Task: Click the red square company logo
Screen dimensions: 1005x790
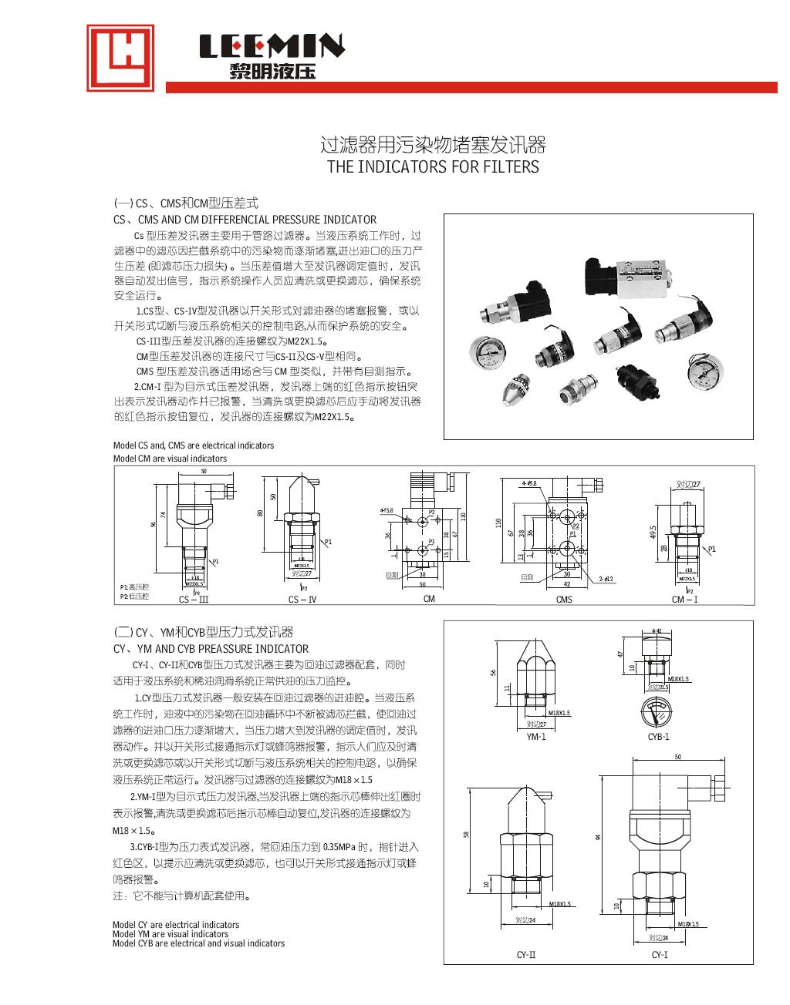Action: coord(120,58)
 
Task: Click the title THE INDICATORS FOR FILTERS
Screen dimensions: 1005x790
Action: coord(433,166)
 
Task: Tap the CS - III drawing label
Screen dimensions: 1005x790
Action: coord(194,599)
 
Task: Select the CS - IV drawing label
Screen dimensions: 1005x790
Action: coord(302,599)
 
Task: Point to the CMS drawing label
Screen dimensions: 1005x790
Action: coord(564,599)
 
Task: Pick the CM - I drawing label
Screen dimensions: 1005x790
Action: coord(684,599)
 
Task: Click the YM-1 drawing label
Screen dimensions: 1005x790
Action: coord(535,736)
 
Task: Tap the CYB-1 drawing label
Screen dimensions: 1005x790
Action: coord(658,736)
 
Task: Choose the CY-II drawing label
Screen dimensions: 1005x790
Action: coord(526,955)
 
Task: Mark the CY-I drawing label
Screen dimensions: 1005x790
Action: coord(659,955)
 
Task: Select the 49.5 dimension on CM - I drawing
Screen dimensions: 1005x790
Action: coord(653,533)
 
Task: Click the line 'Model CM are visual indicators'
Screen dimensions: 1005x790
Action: coord(170,458)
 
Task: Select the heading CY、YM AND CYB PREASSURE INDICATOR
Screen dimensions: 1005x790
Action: coord(211,649)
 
